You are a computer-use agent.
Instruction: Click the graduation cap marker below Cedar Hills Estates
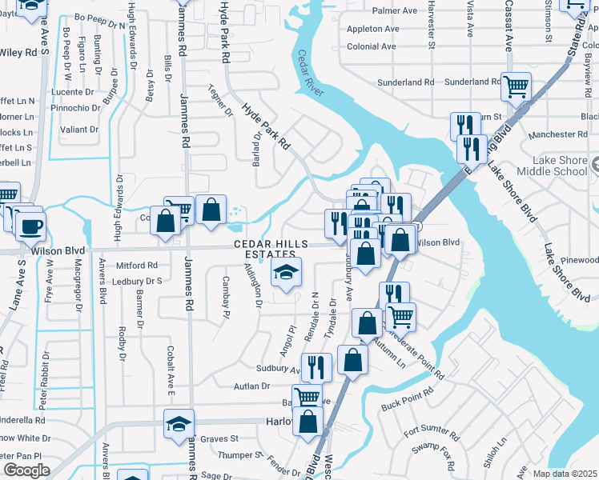(286, 272)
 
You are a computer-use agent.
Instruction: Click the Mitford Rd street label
(137, 265)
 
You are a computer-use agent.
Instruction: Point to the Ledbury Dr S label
(137, 281)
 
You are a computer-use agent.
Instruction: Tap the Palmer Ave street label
(395, 11)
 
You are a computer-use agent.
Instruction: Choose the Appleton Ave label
(373, 29)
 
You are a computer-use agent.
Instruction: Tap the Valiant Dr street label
(79, 129)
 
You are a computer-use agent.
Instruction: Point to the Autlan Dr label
(252, 386)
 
